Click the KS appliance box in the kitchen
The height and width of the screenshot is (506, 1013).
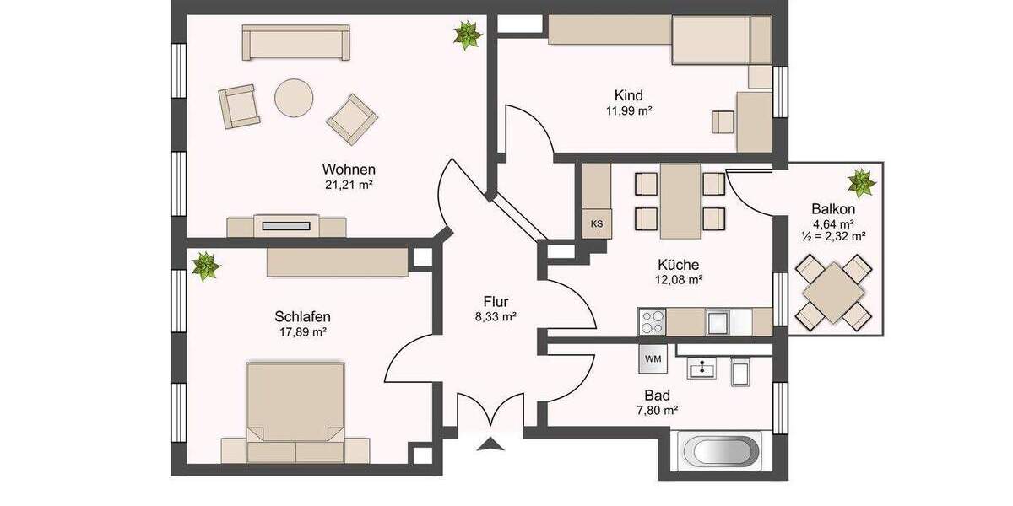coord(597,223)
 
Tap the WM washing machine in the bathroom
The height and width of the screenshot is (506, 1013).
coord(653,358)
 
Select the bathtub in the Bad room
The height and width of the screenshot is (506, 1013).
coord(720,451)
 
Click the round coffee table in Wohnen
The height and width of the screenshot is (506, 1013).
coord(294,99)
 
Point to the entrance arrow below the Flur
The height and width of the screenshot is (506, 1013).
coord(489,446)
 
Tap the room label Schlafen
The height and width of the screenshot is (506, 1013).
coord(302,316)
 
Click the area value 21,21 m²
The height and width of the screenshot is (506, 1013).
coord(349,185)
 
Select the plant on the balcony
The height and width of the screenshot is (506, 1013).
coord(861,182)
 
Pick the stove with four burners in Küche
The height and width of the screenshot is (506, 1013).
coord(652,321)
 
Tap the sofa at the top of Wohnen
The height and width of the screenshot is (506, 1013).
coord(295,42)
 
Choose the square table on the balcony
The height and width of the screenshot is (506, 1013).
coord(834,292)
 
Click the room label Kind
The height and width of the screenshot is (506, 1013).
coord(629,95)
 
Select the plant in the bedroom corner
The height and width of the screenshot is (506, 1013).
coord(204,266)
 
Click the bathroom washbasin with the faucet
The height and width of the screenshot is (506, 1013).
coord(701,368)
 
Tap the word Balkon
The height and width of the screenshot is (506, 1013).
coord(833,209)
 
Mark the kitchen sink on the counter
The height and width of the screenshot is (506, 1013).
coord(718,321)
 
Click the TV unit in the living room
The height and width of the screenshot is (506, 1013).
coord(287,226)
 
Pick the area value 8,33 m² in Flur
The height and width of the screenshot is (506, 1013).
coord(496,317)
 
